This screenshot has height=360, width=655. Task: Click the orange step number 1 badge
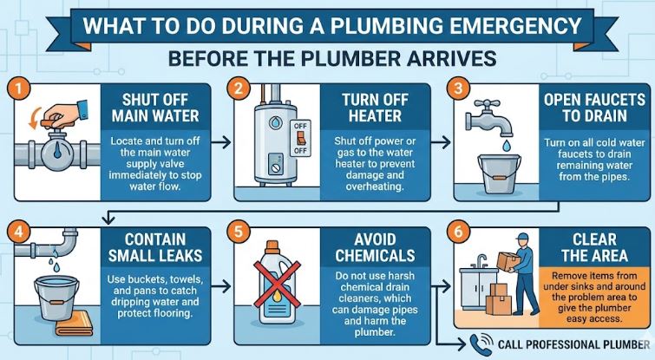pyautogui.click(x=18, y=89)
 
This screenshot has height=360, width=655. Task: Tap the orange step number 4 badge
pyautogui.click(x=18, y=231)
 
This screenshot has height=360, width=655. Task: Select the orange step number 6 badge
pyautogui.click(x=458, y=231)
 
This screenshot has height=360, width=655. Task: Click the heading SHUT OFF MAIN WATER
pyautogui.click(x=155, y=108)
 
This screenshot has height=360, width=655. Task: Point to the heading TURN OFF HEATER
pyautogui.click(x=375, y=108)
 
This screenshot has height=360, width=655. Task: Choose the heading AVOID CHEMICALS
pyautogui.click(x=375, y=247)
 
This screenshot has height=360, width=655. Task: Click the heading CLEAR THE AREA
pyautogui.click(x=594, y=247)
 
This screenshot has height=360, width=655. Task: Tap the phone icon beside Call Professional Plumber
pyautogui.click(x=481, y=344)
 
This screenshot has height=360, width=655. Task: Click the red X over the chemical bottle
pyautogui.click(x=277, y=284)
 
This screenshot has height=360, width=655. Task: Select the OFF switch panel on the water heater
pyautogui.click(x=300, y=138)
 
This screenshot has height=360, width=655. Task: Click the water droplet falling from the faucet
pyautogui.click(x=507, y=146)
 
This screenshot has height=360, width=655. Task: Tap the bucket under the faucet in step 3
pyautogui.click(x=499, y=173)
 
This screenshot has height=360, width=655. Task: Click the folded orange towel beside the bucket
pyautogui.click(x=74, y=324)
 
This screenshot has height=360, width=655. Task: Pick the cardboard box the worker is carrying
pyautogui.click(x=508, y=261)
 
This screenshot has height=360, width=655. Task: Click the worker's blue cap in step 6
pyautogui.click(x=522, y=237)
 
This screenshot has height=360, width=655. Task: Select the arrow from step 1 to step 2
pyautogui.click(x=221, y=142)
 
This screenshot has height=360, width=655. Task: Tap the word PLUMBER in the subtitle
pyautogui.click(x=351, y=58)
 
